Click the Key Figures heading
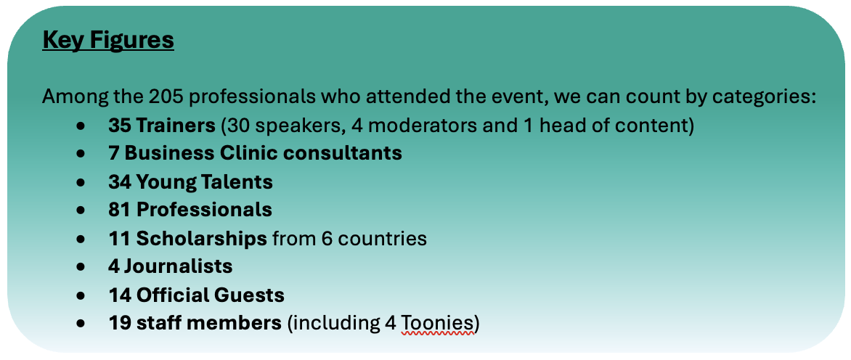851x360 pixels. [108, 40]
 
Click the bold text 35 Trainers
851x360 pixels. [162, 126]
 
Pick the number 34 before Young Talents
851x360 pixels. [120, 181]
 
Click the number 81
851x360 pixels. [119, 210]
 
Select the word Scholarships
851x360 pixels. [201, 239]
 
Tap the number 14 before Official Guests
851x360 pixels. [119, 295]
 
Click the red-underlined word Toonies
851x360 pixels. [437, 324]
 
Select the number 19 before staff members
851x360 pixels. [119, 323]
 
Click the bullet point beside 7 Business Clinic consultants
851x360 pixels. [81, 154]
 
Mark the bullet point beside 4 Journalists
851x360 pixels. [81, 267]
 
